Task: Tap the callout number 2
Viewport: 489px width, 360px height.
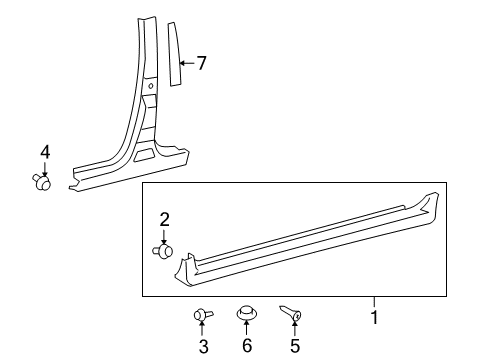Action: [x=165, y=219]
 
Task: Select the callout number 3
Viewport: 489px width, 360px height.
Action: [x=203, y=347]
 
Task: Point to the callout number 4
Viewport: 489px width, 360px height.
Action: [x=44, y=152]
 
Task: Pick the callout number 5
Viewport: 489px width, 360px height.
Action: [x=294, y=347]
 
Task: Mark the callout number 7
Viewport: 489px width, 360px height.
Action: [x=201, y=63]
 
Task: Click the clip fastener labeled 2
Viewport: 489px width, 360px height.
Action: [x=164, y=250]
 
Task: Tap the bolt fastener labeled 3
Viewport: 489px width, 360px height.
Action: [x=201, y=316]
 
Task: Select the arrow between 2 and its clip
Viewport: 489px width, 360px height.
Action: [x=164, y=234]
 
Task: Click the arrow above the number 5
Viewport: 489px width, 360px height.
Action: [x=294, y=329]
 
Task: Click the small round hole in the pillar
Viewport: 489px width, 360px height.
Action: [x=151, y=86]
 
